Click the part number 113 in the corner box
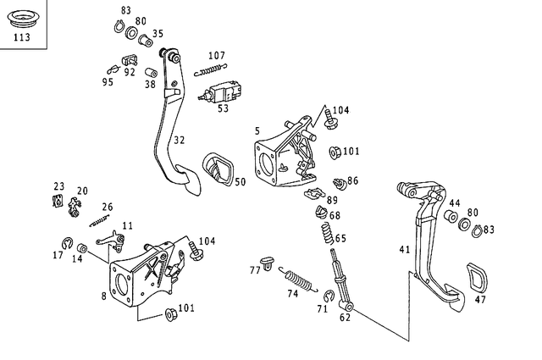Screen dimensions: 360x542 (22, 38)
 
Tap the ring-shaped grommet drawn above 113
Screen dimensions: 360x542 (22, 18)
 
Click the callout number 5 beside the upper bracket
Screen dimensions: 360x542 (257, 130)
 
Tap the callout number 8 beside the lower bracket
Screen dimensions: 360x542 (103, 296)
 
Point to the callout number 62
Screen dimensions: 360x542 (345, 318)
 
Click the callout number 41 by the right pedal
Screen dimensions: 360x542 (404, 249)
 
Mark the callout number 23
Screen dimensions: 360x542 (58, 186)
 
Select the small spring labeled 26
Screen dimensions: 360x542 (100, 219)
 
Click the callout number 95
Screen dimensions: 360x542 (108, 82)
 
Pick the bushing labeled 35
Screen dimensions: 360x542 (145, 38)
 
